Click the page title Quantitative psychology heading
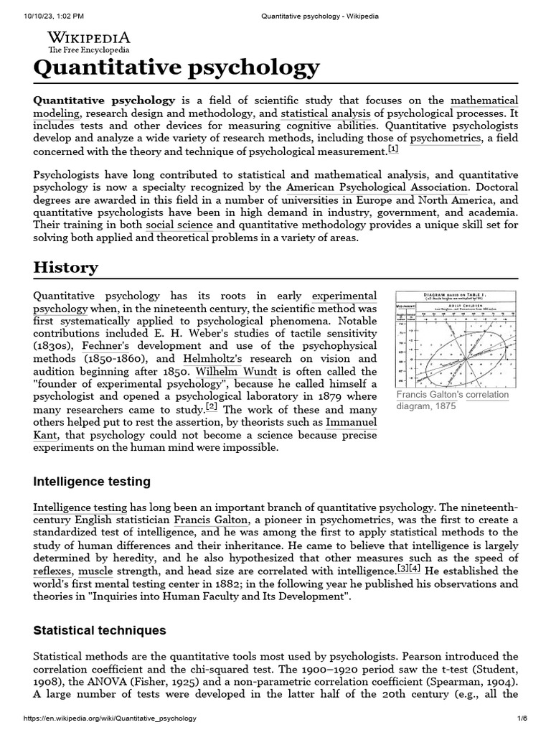(176, 68)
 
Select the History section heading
(66, 268)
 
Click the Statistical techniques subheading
(100, 630)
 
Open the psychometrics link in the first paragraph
(445, 139)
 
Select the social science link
(179, 225)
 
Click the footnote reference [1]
(393, 149)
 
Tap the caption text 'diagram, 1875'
(427, 406)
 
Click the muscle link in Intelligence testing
(95, 571)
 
